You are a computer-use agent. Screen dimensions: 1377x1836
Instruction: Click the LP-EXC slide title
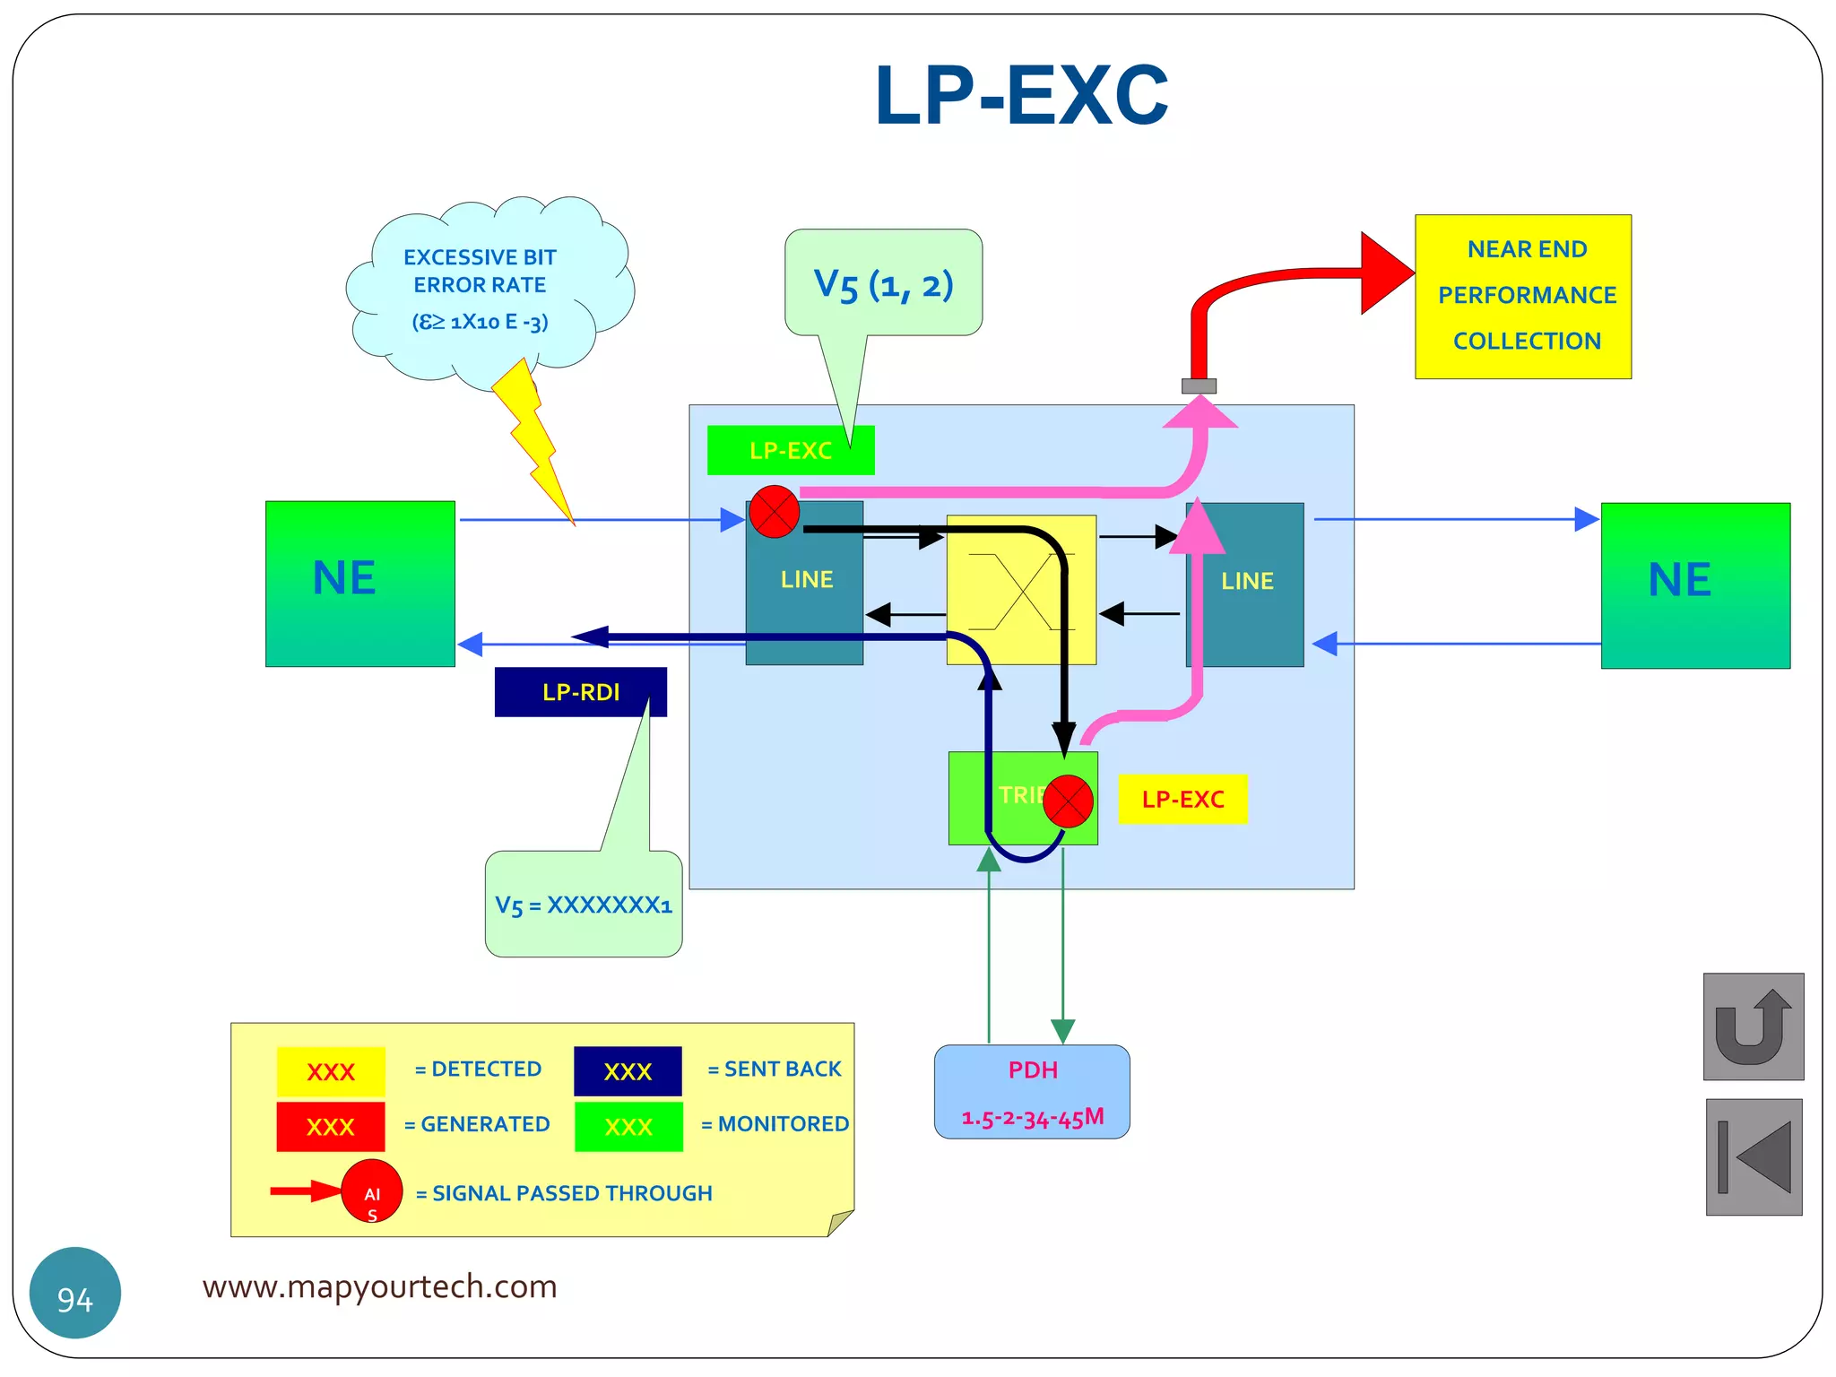[x=1021, y=96]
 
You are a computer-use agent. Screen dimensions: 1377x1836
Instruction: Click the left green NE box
[x=359, y=583]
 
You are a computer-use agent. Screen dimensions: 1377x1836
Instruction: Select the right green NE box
[x=1694, y=585]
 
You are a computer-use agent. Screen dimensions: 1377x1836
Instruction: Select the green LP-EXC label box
[x=790, y=450]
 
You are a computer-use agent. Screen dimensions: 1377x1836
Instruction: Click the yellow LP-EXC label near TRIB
[x=1182, y=799]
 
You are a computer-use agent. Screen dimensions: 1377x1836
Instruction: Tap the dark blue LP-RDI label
[x=580, y=692]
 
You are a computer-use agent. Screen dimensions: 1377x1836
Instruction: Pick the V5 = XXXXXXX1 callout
[x=583, y=905]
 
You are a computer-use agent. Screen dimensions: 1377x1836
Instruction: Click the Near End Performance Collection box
[x=1522, y=296]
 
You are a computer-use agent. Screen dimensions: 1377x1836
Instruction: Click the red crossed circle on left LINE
[x=774, y=512]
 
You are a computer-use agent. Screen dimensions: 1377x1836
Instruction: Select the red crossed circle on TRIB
[x=1068, y=801]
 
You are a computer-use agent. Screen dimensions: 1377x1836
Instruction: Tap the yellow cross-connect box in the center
[x=1021, y=589]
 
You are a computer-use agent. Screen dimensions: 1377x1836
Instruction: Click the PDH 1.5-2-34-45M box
[x=1032, y=1092]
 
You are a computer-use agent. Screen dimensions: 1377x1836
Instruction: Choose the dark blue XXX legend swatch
[x=628, y=1071]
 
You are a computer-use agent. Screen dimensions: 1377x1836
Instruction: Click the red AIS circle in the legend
[x=371, y=1191]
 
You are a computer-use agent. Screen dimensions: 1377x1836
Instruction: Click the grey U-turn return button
[x=1753, y=1026]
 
